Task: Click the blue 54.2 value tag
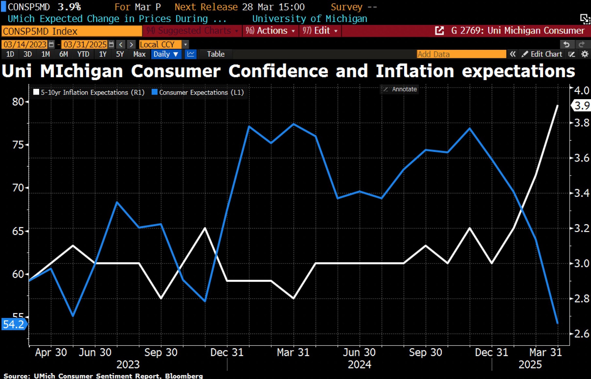coord(13,324)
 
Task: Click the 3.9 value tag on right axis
coord(581,106)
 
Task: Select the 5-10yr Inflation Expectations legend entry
coord(89,92)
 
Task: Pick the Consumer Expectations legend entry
coord(198,92)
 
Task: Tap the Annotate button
coord(400,89)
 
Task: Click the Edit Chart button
coord(542,54)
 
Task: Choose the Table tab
coord(216,54)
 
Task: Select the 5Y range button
coord(120,54)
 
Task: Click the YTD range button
coord(83,54)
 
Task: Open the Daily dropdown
coord(166,54)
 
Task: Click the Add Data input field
coord(461,54)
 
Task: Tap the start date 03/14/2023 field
coord(25,45)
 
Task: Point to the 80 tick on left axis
coord(18,102)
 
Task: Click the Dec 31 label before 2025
coord(491,352)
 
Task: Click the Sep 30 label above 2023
coord(161,352)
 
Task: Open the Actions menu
coord(270,31)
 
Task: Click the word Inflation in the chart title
coord(415,71)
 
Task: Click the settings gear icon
coord(585,54)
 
